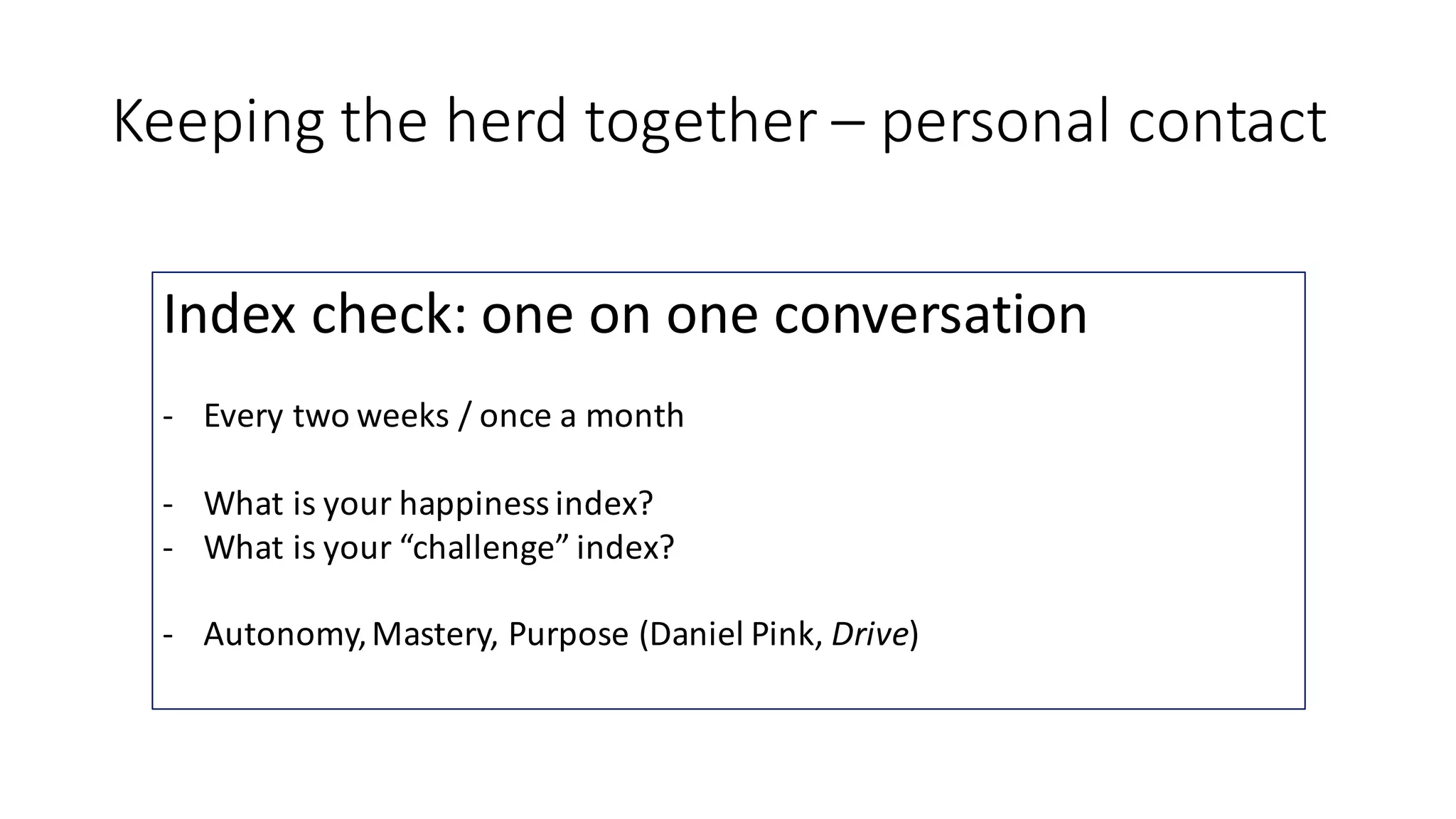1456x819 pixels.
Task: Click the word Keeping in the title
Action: coord(218,122)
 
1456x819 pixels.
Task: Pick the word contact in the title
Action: coord(1227,122)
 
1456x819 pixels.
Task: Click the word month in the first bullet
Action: coord(634,416)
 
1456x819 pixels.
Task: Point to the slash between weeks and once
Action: coord(464,417)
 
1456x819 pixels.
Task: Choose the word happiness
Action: coord(473,503)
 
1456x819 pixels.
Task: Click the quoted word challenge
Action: coord(483,547)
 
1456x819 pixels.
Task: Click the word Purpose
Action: coord(569,634)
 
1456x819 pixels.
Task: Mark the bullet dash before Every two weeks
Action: coord(168,417)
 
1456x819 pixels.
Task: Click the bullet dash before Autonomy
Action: coord(168,635)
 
